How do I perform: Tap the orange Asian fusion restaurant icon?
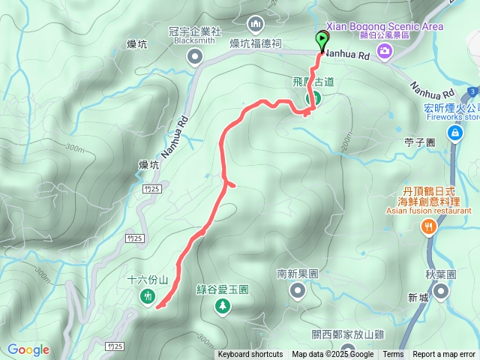[x=428, y=226]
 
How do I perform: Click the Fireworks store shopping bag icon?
[x=454, y=133]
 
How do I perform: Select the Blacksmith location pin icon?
[x=195, y=56]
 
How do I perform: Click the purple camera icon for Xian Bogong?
[x=385, y=50]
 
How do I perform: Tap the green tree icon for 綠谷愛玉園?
[x=223, y=305]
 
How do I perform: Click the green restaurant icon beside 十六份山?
[x=146, y=296]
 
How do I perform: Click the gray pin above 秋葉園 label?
[x=442, y=291]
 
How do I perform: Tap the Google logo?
[x=28, y=349]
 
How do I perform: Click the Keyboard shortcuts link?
[x=250, y=355]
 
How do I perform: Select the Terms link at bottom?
[x=393, y=355]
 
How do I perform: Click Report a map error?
[x=444, y=355]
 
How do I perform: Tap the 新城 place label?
[x=418, y=298]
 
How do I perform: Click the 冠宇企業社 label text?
[x=195, y=31]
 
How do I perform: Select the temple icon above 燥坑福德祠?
[x=256, y=25]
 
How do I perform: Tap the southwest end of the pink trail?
[x=157, y=305]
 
